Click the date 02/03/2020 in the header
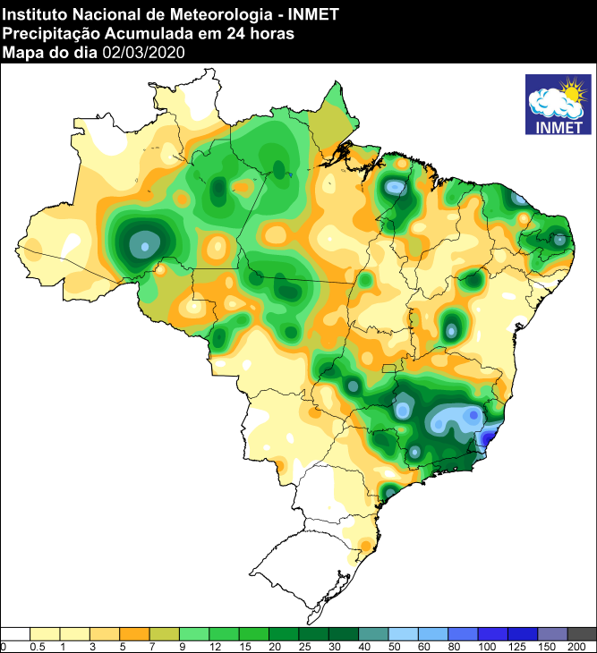coord(144,52)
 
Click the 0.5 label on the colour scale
coord(38,646)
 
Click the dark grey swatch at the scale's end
coord(582,633)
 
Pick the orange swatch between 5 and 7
coord(134,633)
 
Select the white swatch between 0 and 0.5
coord(15,633)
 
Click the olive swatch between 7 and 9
coord(165,633)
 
